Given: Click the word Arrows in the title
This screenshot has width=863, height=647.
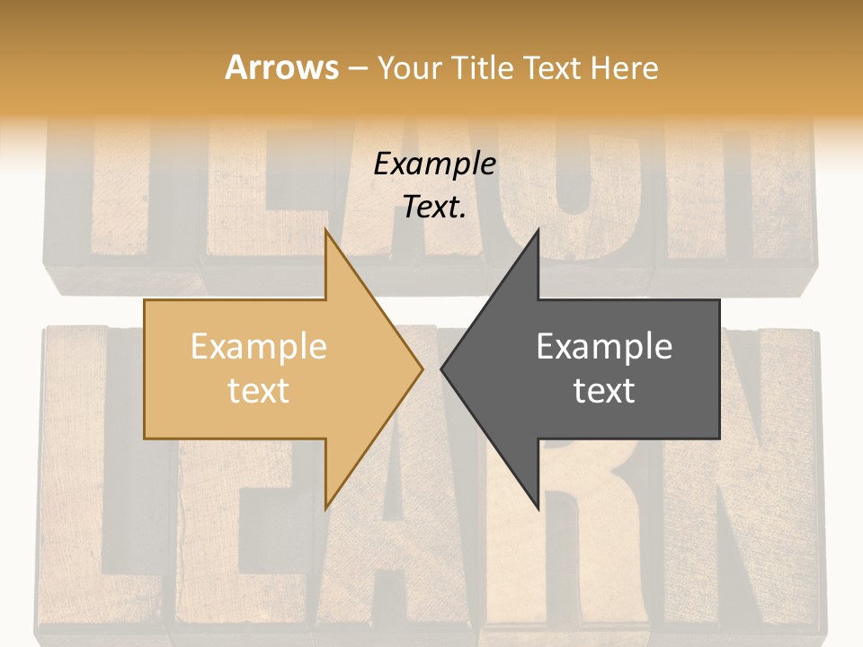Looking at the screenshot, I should (x=281, y=67).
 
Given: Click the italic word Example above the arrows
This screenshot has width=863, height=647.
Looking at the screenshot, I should (x=434, y=164).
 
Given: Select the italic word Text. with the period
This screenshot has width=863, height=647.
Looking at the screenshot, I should (x=434, y=208).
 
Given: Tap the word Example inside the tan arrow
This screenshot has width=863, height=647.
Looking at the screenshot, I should (x=258, y=347).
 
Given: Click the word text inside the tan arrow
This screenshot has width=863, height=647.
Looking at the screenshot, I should (x=258, y=391).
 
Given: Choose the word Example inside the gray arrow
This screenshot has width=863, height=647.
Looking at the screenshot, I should (x=604, y=347).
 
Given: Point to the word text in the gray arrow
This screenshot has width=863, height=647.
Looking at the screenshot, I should (x=604, y=391).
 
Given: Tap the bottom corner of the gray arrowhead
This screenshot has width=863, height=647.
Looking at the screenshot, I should (x=538, y=508).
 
